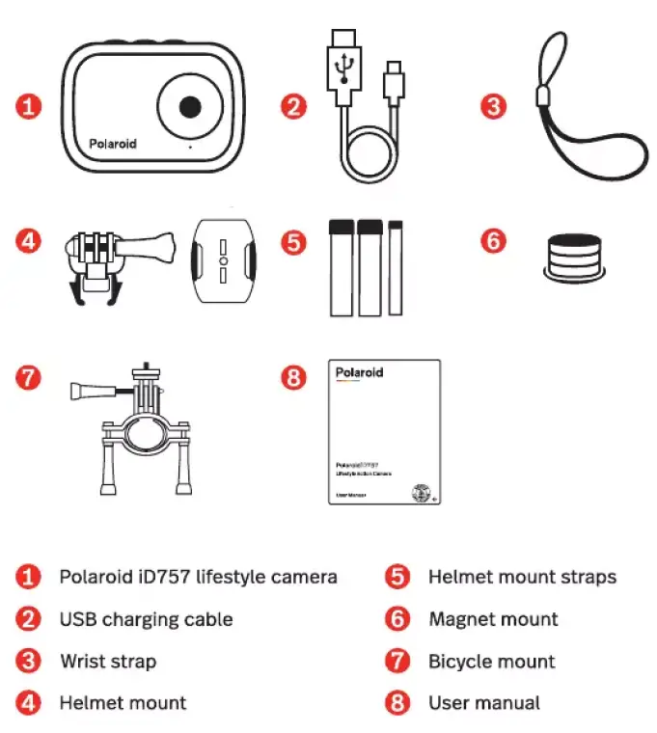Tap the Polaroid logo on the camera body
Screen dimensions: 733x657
click(x=113, y=144)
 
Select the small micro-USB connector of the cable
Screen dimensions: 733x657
click(x=394, y=82)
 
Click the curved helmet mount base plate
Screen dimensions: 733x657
click(x=223, y=261)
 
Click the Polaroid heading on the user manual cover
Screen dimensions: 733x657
click(x=359, y=372)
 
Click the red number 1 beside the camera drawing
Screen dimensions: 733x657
click(x=30, y=106)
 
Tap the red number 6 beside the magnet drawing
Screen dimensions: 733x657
click(x=493, y=240)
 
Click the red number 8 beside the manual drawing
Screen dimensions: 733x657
click(x=294, y=377)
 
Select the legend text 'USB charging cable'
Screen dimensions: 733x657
click(x=146, y=619)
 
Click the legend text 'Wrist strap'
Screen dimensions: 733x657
click(x=107, y=662)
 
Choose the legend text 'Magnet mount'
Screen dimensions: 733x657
click(x=493, y=619)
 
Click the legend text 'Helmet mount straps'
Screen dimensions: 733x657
click(x=522, y=577)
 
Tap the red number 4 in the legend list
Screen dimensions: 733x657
click(x=30, y=703)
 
